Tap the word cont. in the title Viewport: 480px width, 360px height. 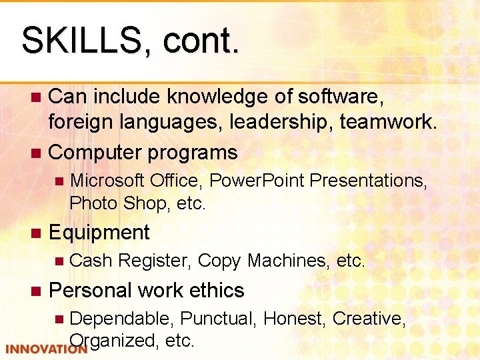coord(199,41)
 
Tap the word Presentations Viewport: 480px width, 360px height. coord(369,181)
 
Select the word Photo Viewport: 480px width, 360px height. coord(94,203)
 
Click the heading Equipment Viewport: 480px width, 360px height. coord(99,232)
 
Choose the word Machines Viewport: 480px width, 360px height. coord(287,261)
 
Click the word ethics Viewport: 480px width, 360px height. coord(217,290)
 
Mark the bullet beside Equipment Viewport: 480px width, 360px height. coord(36,233)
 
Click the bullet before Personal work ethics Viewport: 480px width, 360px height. coord(36,291)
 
